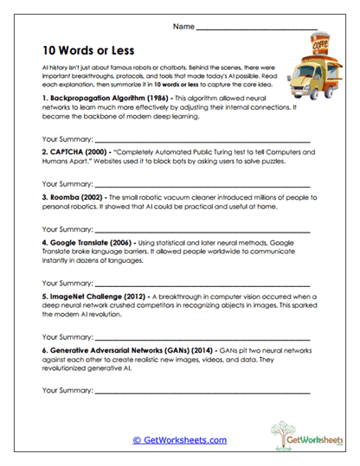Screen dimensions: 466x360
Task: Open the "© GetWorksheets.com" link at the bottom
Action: [x=179, y=440]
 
